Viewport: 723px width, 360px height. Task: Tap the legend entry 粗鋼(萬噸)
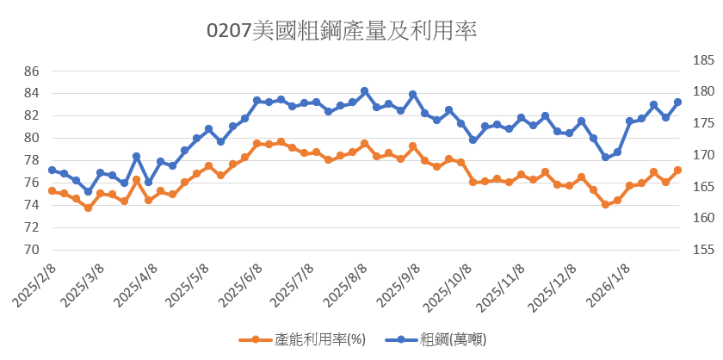pos(447,339)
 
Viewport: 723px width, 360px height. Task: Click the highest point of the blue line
pos(364,91)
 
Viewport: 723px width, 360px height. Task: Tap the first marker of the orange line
pos(52,191)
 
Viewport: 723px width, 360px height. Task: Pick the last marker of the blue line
pos(677,102)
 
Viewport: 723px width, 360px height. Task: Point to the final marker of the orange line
pos(677,171)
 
